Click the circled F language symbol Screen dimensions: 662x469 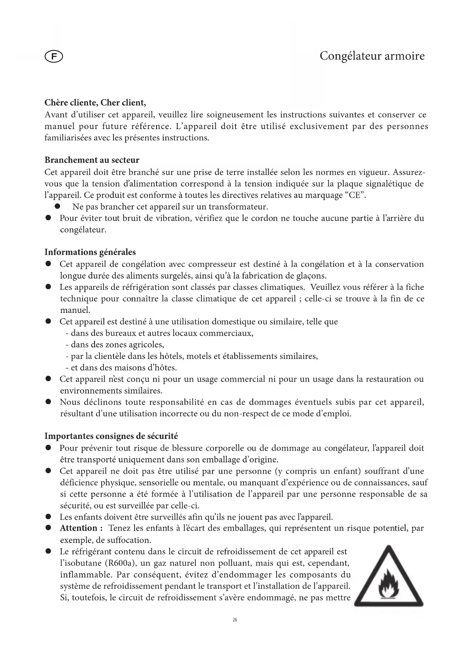(x=54, y=57)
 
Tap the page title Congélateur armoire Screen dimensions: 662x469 (x=372, y=56)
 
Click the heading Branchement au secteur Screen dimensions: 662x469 (x=92, y=160)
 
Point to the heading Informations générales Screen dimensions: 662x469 (x=90, y=252)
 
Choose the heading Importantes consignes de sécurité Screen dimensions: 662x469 (x=111, y=436)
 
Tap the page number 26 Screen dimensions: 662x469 (x=235, y=620)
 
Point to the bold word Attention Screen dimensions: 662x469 (x=79, y=528)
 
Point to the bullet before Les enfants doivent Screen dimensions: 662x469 (x=48, y=517)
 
